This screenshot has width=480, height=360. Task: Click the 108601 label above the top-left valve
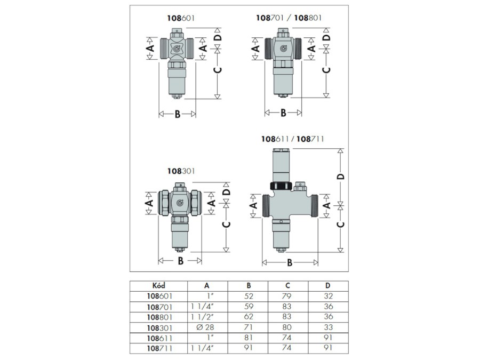[x=181, y=18]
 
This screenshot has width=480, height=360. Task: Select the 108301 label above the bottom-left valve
[x=181, y=171]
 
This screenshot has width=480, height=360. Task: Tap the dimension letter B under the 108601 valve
[x=178, y=114]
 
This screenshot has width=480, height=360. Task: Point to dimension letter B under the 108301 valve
[x=181, y=261]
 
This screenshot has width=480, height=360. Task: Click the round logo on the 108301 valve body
[x=180, y=202]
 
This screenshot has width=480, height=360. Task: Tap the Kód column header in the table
[x=158, y=286]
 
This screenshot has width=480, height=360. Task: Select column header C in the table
[x=287, y=286]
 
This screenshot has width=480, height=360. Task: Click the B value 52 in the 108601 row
[x=249, y=296]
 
